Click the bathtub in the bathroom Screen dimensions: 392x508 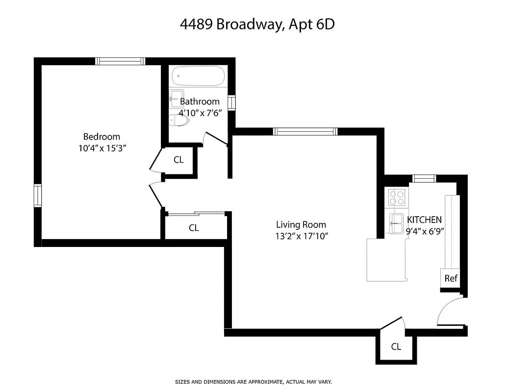tap(199, 76)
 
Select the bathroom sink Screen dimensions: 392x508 tap(177, 98)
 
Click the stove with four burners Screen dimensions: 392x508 tap(397, 197)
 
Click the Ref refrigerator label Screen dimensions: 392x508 tap(451, 279)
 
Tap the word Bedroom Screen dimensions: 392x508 tap(102, 137)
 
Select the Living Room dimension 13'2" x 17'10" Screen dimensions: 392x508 tap(301, 236)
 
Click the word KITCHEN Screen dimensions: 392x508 tap(425, 220)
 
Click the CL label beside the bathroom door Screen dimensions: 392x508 tap(179, 160)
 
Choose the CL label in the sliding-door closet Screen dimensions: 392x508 tap(194, 228)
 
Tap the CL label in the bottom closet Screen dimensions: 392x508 tap(396, 347)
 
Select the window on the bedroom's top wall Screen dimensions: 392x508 tap(120, 61)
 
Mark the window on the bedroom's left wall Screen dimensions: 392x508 tap(37, 196)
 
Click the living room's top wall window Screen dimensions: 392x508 tap(305, 131)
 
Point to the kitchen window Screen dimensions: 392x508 tap(424, 178)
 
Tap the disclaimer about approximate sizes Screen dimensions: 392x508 tap(254, 381)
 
